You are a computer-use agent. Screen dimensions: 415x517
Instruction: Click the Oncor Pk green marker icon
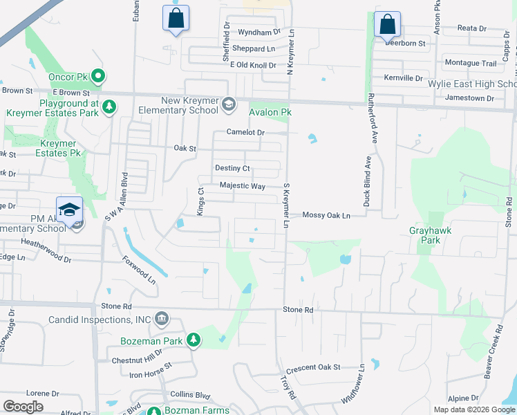pyautogui.click(x=98, y=75)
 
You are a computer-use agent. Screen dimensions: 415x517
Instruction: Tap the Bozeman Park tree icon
pyautogui.click(x=195, y=340)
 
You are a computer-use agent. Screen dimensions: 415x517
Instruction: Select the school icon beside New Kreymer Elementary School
pyautogui.click(x=228, y=104)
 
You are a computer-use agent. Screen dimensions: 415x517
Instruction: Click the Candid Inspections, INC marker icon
pyautogui.click(x=161, y=319)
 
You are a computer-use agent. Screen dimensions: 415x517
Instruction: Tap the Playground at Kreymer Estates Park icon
pyautogui.click(x=109, y=107)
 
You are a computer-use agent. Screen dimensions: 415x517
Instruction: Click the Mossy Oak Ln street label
pyautogui.click(x=326, y=215)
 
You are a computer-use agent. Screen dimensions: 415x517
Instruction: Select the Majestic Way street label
pyautogui.click(x=243, y=186)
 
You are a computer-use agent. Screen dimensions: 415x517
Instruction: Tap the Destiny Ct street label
pyautogui.click(x=232, y=168)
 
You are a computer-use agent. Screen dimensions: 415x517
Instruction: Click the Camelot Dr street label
pyautogui.click(x=246, y=132)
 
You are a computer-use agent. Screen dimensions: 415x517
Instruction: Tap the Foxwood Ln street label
pyautogui.click(x=138, y=270)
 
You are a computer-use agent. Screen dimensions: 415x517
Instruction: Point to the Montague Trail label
pyautogui.click(x=471, y=63)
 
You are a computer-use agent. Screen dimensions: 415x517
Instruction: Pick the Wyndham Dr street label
pyautogui.click(x=258, y=32)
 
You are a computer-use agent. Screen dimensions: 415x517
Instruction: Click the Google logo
pyautogui.click(x=23, y=407)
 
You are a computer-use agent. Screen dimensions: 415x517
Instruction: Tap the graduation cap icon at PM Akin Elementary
pyautogui.click(x=70, y=210)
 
